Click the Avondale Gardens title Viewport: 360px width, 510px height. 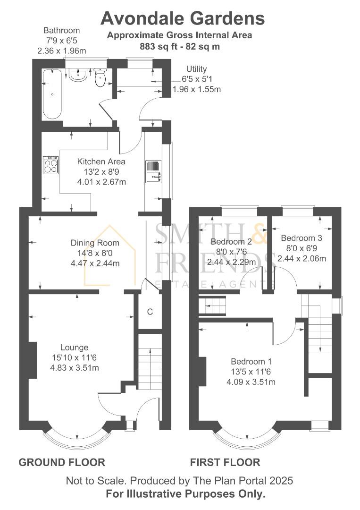(183, 18)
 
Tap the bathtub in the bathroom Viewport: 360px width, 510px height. (52, 93)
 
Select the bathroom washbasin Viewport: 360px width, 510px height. (78, 75)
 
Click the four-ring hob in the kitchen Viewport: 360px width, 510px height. (51, 165)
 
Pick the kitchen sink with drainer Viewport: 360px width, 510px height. (153, 171)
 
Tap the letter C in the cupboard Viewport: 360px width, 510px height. (150, 312)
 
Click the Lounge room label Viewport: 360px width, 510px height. (75, 348)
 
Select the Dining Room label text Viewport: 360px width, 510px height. (95, 243)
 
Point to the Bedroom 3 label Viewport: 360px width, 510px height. (301, 238)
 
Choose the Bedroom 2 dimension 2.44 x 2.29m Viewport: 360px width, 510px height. (231, 262)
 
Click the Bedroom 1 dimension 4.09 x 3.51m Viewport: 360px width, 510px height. (251, 382)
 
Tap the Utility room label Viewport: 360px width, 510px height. (197, 69)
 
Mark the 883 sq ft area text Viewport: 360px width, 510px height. (159, 46)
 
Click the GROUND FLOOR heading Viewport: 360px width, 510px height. (62, 462)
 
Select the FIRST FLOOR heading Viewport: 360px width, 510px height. (225, 462)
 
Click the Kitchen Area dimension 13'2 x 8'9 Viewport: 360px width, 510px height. (101, 172)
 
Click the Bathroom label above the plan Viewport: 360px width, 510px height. (62, 31)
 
